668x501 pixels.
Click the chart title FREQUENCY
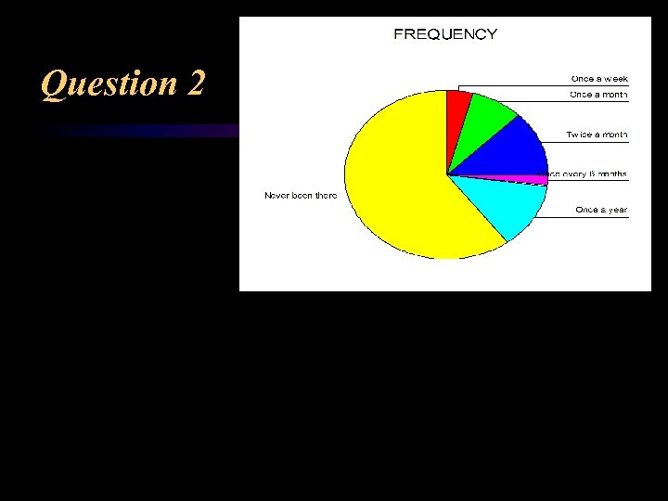point(445,34)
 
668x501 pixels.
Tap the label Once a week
point(599,78)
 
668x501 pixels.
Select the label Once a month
point(598,95)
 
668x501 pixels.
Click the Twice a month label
point(597,135)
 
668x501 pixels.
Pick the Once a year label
point(601,210)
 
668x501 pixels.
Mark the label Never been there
point(301,196)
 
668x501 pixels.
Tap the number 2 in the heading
point(196,83)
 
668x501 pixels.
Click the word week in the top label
point(615,78)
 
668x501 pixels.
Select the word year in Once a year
point(615,210)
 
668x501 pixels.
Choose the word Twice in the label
point(579,135)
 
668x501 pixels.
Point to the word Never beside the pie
point(277,196)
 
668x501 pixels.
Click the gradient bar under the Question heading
point(139,131)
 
